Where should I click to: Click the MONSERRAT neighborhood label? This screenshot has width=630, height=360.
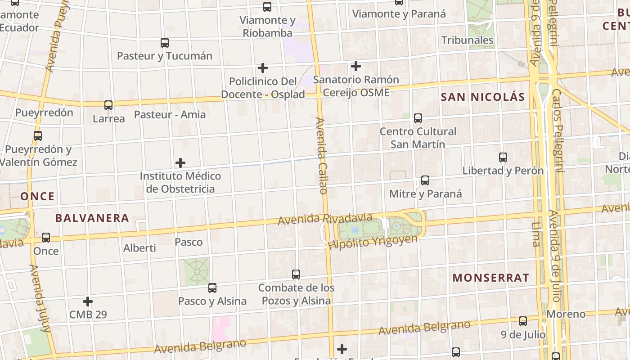[490, 278]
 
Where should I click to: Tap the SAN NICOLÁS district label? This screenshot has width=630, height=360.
[482, 97]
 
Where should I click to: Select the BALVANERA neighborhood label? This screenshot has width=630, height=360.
[92, 218]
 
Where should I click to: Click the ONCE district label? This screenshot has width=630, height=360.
[37, 196]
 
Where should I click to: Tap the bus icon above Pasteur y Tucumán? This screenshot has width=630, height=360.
[165, 43]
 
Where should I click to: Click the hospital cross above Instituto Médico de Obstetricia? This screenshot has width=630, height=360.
[180, 162]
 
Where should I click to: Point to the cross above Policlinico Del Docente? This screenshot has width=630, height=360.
[263, 68]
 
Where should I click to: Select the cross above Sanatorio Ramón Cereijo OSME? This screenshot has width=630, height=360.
[356, 66]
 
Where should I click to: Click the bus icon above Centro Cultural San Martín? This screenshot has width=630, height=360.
[418, 118]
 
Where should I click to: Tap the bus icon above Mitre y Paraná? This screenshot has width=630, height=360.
[425, 180]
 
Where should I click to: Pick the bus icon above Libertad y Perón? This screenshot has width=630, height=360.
[503, 157]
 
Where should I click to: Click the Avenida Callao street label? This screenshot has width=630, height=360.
[321, 155]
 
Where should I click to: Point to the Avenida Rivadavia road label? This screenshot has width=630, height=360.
[325, 219]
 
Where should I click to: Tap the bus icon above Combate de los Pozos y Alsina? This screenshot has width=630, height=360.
[296, 274]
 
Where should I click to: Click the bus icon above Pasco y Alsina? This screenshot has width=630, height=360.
[212, 288]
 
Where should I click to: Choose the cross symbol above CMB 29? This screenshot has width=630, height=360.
[88, 301]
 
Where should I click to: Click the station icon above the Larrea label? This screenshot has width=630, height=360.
[108, 105]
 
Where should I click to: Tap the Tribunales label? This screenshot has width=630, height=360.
[467, 40]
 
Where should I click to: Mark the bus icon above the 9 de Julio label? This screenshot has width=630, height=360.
[523, 321]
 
